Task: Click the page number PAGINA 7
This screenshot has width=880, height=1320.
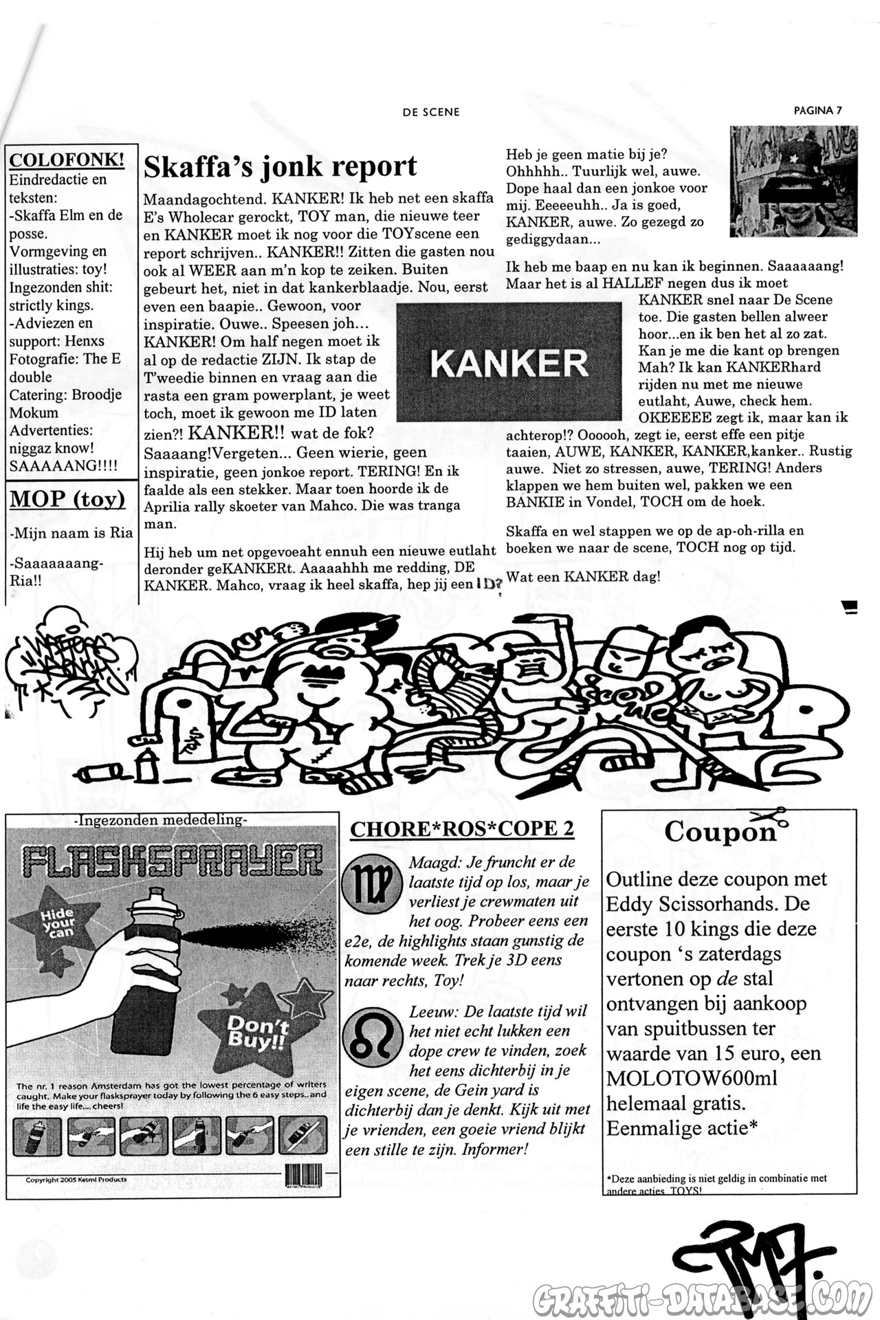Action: (x=817, y=110)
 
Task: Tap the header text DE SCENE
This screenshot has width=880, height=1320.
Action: (x=431, y=112)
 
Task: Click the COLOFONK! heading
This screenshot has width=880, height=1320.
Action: (x=67, y=160)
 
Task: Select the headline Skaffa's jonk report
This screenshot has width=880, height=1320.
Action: (x=280, y=167)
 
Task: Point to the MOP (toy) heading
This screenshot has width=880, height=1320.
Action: (x=67, y=499)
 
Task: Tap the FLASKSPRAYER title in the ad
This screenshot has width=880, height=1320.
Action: (x=172, y=861)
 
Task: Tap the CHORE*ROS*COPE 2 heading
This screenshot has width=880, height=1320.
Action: (x=462, y=829)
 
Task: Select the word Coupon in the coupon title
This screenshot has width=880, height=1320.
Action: (x=719, y=832)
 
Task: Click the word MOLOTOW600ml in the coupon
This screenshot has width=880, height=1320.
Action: (x=692, y=1078)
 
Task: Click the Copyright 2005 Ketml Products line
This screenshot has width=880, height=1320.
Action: (x=76, y=1179)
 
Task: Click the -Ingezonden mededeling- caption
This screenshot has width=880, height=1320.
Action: (x=159, y=819)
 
